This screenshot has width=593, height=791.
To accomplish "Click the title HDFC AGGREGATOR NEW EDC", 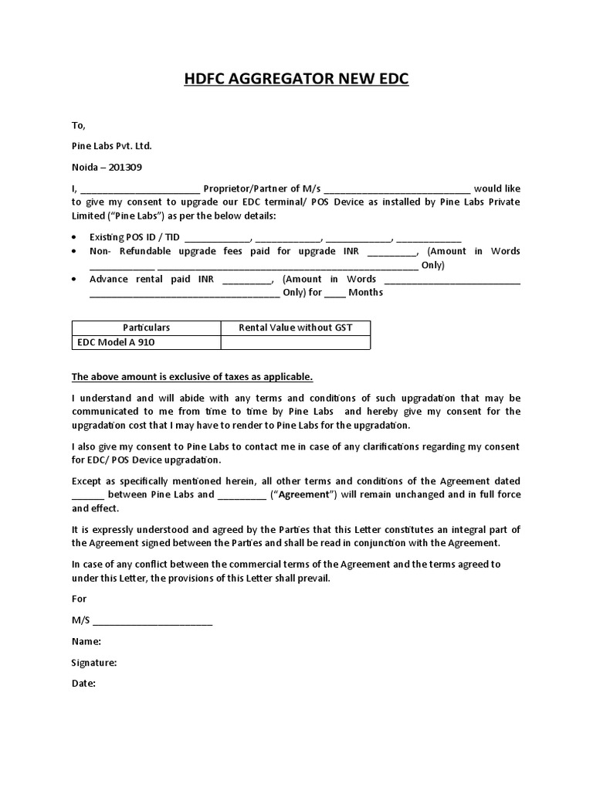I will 296,80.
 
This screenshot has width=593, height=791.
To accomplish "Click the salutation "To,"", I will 79,125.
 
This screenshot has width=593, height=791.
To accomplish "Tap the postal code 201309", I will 125,167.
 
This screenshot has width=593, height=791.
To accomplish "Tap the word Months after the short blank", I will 365,293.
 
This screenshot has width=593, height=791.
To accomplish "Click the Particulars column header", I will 146,328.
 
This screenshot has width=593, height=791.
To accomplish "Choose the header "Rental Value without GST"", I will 296,328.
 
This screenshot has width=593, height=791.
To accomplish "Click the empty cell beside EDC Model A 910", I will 296,342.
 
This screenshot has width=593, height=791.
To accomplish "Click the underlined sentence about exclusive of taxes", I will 192,377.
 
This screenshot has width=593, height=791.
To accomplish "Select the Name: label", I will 86,641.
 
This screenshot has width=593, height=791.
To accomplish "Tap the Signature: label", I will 94,663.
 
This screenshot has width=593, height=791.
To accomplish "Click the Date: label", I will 83,684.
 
